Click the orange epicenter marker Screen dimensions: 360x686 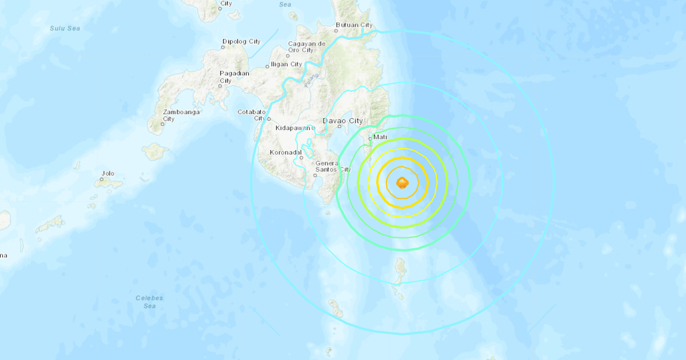pos(402,183)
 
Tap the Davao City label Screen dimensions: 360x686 pos(342,121)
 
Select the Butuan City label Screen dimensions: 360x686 pos(354,25)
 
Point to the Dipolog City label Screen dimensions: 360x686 pos(241,42)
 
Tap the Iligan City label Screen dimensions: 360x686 pos(286,65)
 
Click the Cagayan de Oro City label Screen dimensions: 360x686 pos(306,47)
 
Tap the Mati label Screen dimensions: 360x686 pos(380,138)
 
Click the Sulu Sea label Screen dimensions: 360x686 pos(65,28)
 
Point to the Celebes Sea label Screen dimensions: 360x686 pos(149,302)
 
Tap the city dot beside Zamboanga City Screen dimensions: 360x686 pos(163,123)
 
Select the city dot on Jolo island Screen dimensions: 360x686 pos(102,179)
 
